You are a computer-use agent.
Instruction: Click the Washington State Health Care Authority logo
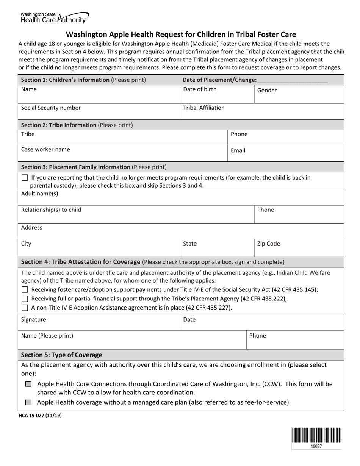pos(55,17)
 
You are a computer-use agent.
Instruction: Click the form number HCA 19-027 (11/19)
pos(40,416)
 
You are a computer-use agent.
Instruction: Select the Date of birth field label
pos(200,89)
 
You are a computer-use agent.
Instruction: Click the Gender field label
pos(267,91)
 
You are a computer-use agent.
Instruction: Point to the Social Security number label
pos(51,108)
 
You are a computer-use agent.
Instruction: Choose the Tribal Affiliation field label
pos(203,108)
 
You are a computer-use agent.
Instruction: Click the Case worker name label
pos(45,150)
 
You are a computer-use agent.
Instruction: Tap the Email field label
pos(238,150)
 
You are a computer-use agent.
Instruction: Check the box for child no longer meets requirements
pos(25,178)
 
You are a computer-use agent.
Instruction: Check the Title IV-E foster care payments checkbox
pos(25,290)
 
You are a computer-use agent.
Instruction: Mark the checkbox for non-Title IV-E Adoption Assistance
pos(25,308)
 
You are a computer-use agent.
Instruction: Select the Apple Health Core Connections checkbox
pos(28,384)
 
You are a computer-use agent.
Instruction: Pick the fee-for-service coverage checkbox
pos(28,402)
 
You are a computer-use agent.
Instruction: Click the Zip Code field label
pos(268,244)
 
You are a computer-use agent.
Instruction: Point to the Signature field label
pos(33,320)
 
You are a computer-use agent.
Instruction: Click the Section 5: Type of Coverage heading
pos(61,355)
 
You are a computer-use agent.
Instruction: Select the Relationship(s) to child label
pos(51,210)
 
